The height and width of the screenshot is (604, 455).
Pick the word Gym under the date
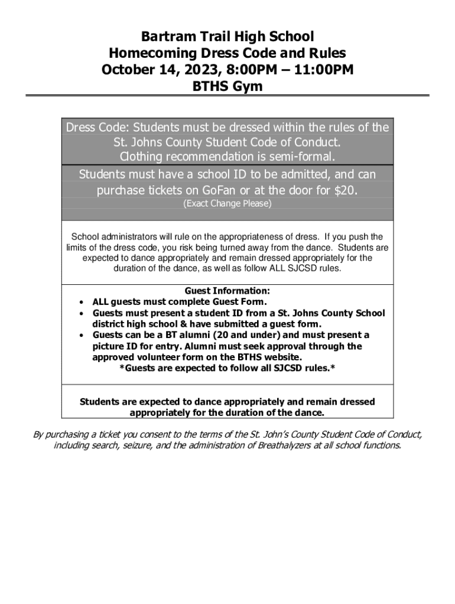(248, 87)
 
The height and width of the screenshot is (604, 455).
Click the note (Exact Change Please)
(227, 204)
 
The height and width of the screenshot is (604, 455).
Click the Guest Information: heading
(227, 291)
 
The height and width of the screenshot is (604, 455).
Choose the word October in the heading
(126, 70)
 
